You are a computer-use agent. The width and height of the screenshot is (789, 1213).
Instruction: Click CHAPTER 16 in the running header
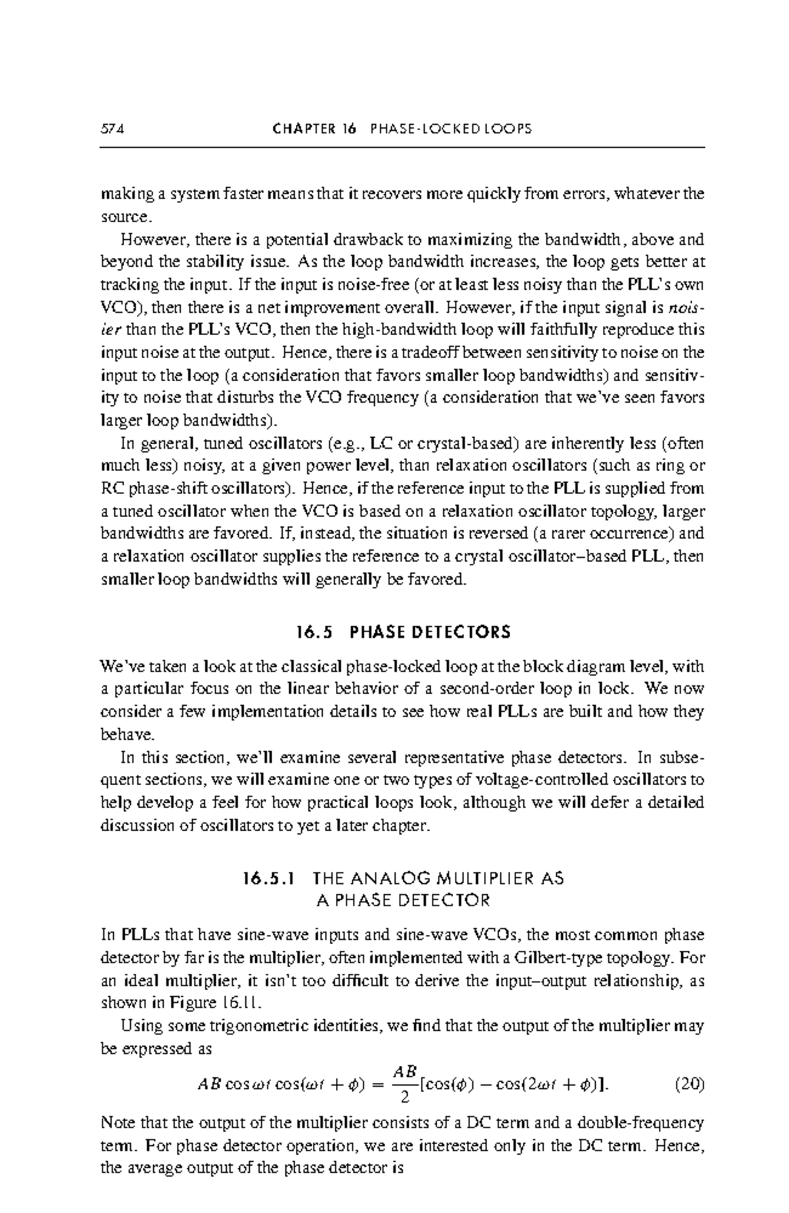(313, 129)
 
